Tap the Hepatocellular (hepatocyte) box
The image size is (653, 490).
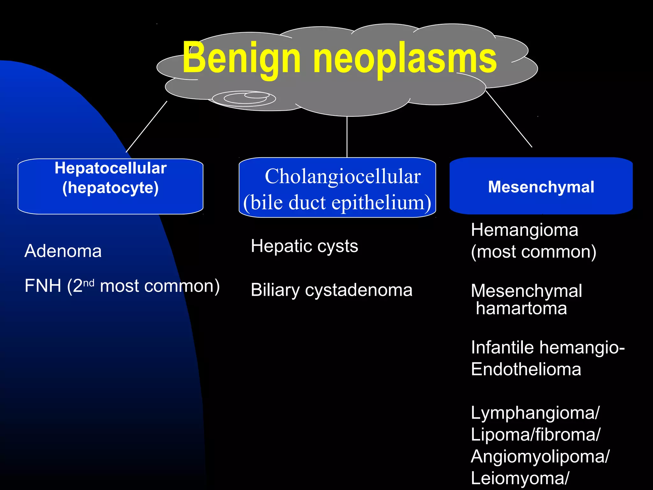point(110,186)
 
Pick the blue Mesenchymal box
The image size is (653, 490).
point(541,186)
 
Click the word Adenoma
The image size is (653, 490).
point(63,251)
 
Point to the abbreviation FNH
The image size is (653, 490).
point(43,286)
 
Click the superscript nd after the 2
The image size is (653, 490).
point(89,283)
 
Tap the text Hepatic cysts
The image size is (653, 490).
point(304,246)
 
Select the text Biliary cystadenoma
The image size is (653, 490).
point(332,290)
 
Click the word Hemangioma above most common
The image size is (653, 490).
point(525,230)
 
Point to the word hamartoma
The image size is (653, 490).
point(521,308)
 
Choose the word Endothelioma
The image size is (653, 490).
point(526,369)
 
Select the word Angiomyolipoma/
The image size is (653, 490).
point(540,457)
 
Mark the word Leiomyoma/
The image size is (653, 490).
point(520,479)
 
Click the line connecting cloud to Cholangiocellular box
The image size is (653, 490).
point(347,137)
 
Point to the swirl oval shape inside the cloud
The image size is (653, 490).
point(244,98)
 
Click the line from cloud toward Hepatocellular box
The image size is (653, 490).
point(147,127)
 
